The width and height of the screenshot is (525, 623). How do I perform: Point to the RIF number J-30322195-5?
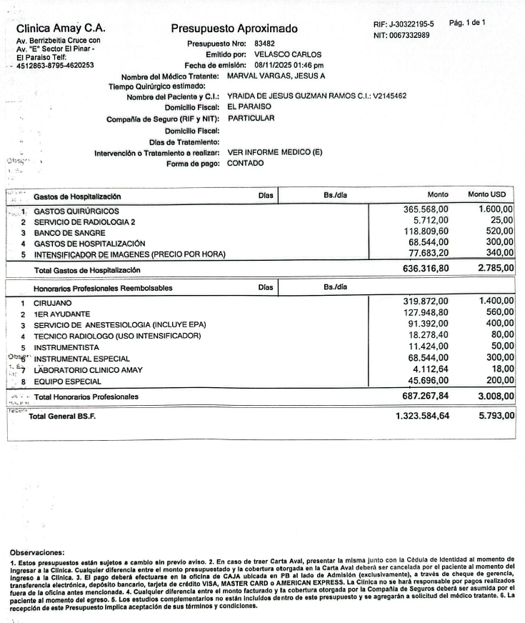click(403, 24)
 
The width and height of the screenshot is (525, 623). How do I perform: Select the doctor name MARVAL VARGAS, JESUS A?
click(276, 75)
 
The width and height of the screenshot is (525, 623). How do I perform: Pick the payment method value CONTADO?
click(245, 163)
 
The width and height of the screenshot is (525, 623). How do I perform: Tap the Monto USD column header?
click(490, 194)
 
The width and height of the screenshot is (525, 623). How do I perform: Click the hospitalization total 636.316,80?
click(422, 270)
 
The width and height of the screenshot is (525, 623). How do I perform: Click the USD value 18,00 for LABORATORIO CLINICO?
click(501, 369)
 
